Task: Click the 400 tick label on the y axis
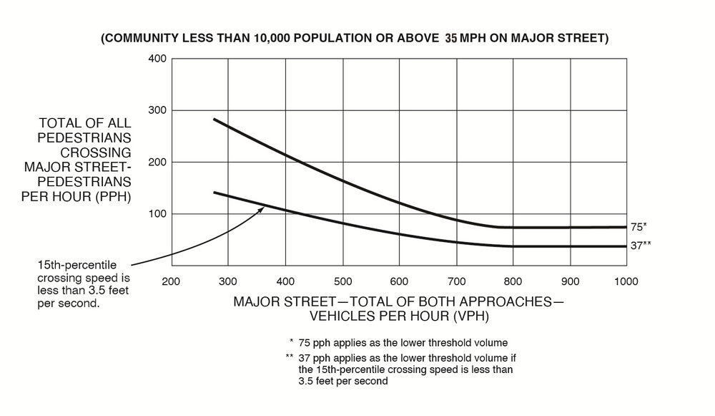click(x=157, y=58)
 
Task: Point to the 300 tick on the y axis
click(x=157, y=110)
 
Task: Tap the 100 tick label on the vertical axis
click(x=157, y=214)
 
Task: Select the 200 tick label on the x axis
click(x=171, y=281)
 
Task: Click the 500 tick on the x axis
click(x=342, y=281)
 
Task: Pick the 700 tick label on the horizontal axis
click(x=456, y=281)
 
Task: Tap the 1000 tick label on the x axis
click(x=626, y=281)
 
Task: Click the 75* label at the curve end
click(x=638, y=226)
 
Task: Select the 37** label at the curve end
click(x=641, y=246)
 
